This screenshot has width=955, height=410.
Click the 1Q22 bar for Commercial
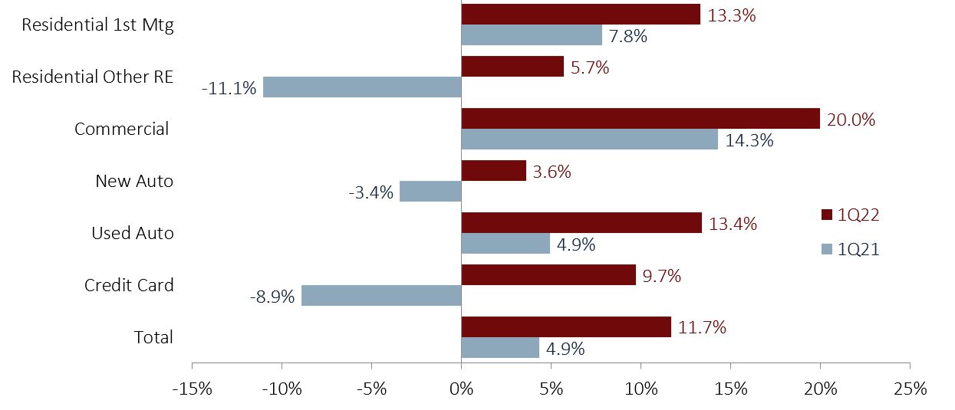tap(641, 119)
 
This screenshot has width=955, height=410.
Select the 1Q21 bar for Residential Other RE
tap(362, 87)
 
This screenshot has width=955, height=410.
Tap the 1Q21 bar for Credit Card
tap(381, 296)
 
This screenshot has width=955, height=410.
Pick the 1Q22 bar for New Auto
tap(493, 171)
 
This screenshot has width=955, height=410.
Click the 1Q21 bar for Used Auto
tap(505, 244)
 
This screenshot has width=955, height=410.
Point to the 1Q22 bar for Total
tap(566, 327)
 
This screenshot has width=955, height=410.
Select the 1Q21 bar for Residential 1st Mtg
tap(532, 35)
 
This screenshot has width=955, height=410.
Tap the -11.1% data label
tap(229, 88)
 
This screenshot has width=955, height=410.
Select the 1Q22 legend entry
tap(850, 215)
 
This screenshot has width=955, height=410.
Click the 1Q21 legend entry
tap(850, 248)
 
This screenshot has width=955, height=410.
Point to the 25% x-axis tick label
tap(910, 389)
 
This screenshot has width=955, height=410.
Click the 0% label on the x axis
tap(461, 389)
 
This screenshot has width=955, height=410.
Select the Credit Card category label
tap(129, 286)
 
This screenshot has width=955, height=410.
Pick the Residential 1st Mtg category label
tap(98, 25)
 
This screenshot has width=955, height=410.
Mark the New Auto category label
tap(134, 182)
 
